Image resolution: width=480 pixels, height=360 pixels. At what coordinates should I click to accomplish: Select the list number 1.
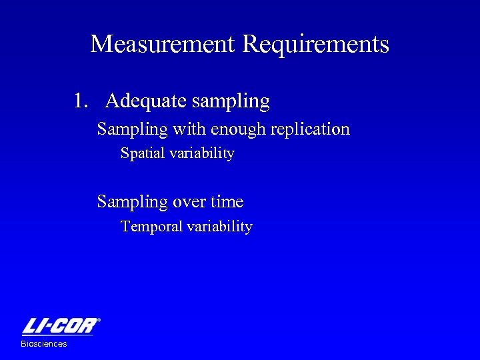80,101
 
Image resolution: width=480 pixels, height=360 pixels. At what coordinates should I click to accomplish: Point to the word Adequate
145,101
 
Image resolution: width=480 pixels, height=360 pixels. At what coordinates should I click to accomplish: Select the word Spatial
142,154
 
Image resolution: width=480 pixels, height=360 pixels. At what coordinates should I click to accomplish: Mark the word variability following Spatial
201,154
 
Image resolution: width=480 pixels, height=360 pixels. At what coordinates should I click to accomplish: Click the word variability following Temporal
219,227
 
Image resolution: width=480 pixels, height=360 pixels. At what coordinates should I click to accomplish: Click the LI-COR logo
60,327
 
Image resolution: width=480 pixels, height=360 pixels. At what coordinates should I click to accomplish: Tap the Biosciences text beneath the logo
44,344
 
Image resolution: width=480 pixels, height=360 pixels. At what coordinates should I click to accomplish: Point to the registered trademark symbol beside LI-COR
99,321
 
